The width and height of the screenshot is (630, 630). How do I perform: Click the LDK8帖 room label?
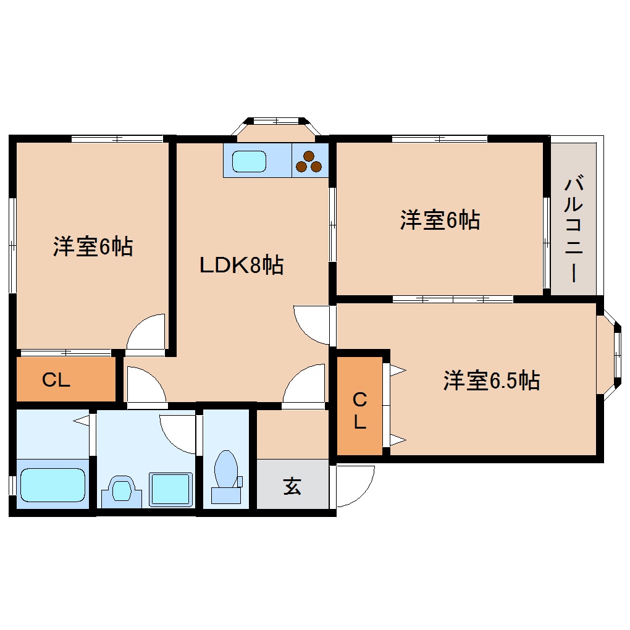click(241, 265)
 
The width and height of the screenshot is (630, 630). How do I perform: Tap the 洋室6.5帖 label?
click(492, 380)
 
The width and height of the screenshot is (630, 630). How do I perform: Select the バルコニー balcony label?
click(574, 228)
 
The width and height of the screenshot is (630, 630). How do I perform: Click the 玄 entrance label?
click(292, 485)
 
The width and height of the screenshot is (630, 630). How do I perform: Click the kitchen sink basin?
click(249, 162)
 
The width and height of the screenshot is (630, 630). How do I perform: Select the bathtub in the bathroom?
click(52, 485)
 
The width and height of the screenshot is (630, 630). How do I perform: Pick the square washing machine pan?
click(170, 489)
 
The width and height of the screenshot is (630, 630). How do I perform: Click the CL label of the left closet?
click(56, 379)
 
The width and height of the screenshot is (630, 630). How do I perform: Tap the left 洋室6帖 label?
click(93, 246)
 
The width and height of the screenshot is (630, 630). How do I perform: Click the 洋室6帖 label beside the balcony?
click(440, 220)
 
